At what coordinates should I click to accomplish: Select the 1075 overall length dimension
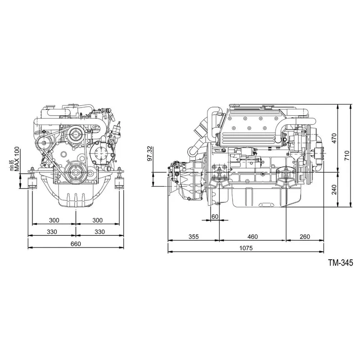[x=246, y=248]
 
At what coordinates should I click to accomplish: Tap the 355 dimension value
[x=193, y=236]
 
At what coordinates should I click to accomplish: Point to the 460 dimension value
[x=253, y=236]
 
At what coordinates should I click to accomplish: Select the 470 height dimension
[x=334, y=138]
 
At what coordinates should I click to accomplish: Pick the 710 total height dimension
[x=347, y=155]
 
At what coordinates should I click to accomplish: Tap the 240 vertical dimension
[x=334, y=190]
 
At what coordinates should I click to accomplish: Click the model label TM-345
[x=334, y=262]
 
